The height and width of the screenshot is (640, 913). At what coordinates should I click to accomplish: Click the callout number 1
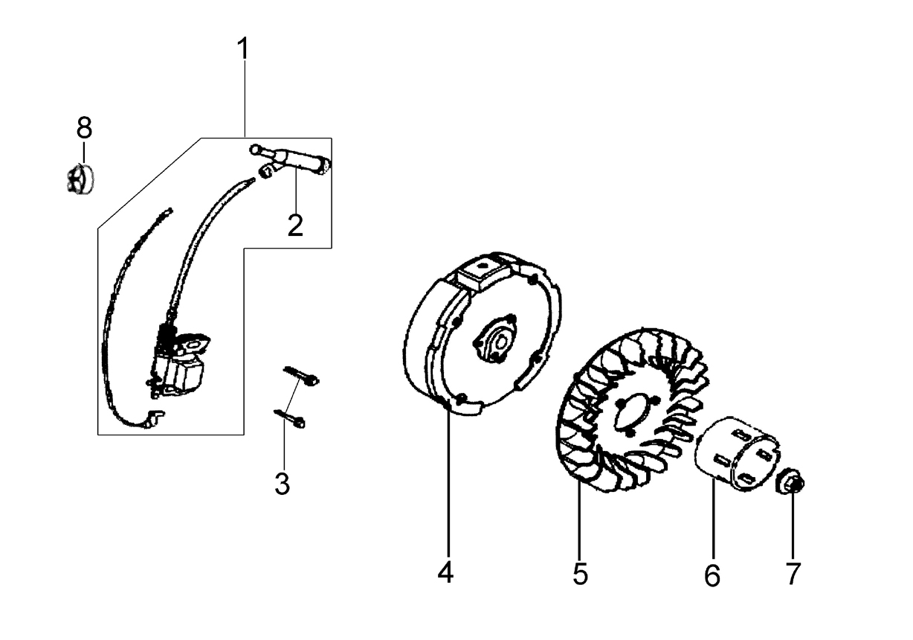pyautogui.click(x=243, y=48)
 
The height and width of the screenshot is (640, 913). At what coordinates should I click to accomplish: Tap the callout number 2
pyautogui.click(x=295, y=225)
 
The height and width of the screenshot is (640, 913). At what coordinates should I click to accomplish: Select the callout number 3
pyautogui.click(x=282, y=484)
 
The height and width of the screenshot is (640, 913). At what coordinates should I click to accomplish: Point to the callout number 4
pyautogui.click(x=445, y=573)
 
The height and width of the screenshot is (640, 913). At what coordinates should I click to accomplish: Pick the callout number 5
pyautogui.click(x=581, y=574)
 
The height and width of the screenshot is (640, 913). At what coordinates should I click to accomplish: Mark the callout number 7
pyautogui.click(x=793, y=574)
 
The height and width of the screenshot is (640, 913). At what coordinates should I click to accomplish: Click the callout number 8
pyautogui.click(x=84, y=127)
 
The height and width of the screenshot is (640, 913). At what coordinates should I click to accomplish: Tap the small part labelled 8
pyautogui.click(x=80, y=179)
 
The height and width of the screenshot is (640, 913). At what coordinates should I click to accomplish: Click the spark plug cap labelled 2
pyautogui.click(x=290, y=159)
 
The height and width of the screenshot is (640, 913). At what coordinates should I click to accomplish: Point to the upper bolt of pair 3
pyautogui.click(x=301, y=376)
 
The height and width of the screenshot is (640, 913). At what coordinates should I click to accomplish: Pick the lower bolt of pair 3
pyautogui.click(x=289, y=419)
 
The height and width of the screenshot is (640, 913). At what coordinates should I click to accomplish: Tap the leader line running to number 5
pyautogui.click(x=578, y=522)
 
